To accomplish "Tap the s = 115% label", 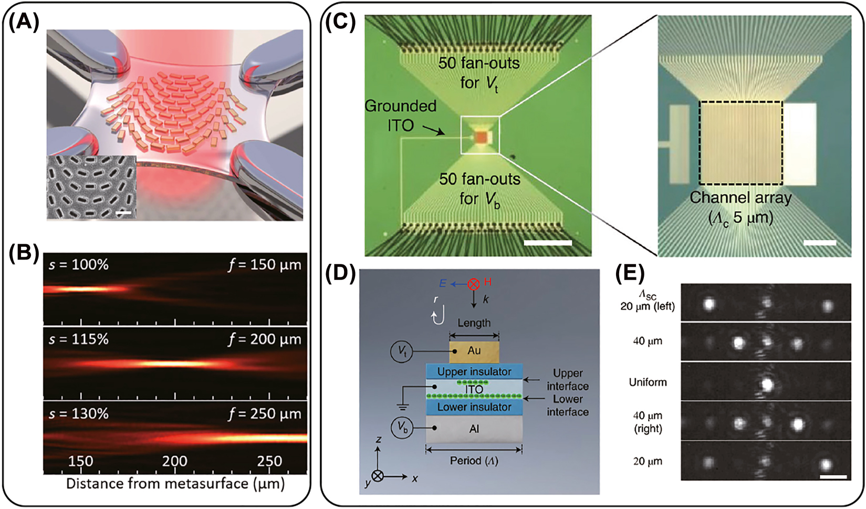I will pyautogui.click(x=79, y=339).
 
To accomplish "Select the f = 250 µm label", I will pyautogui.click(x=265, y=414).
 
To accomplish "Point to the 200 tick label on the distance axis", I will pyautogui.click(x=174, y=461).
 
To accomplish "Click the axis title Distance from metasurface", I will pyautogui.click(x=175, y=483).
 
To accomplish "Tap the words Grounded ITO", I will pyautogui.click(x=401, y=115).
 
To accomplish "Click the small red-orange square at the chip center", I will pyautogui.click(x=482, y=137).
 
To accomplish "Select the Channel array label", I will pyautogui.click(x=740, y=198).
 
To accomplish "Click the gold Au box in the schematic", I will pyautogui.click(x=474, y=351).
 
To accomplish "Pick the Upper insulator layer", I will pyautogui.click(x=474, y=372).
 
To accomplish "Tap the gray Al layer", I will pyautogui.click(x=474, y=429).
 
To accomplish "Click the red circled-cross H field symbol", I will pyautogui.click(x=474, y=284).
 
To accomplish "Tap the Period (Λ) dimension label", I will pyautogui.click(x=474, y=461).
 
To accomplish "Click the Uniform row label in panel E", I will pyautogui.click(x=648, y=382).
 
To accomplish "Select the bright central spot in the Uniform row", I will pyautogui.click(x=767, y=384).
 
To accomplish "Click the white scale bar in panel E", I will pyautogui.click(x=832, y=476).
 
